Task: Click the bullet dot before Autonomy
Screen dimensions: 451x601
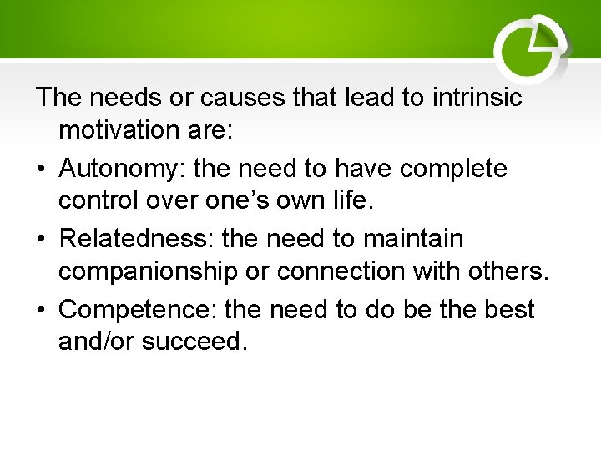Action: pos(41,170)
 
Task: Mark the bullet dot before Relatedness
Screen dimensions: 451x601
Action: pos(41,240)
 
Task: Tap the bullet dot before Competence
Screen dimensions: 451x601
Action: pos(41,310)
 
